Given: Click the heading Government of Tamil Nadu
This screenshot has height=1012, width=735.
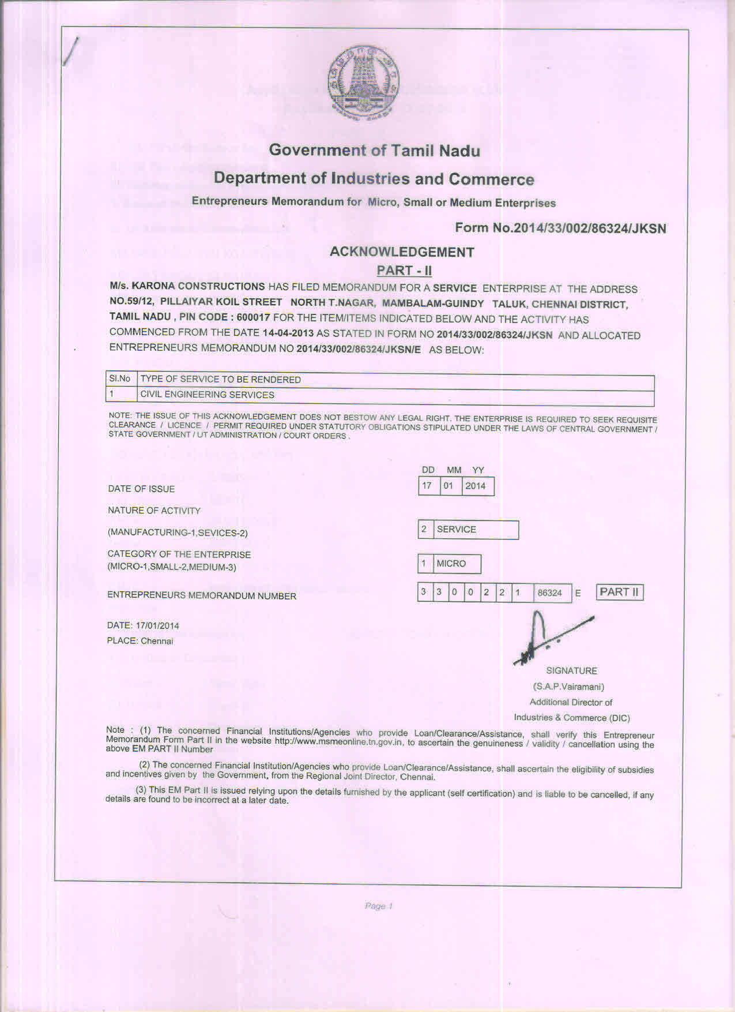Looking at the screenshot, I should (x=374, y=151).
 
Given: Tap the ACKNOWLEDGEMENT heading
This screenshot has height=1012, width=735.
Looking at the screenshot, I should (x=402, y=252).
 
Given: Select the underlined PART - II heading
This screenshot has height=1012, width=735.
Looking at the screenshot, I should (x=404, y=271).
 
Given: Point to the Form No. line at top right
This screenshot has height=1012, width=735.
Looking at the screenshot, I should (x=560, y=228).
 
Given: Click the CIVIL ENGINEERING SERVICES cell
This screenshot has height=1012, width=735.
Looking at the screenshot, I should (x=208, y=395).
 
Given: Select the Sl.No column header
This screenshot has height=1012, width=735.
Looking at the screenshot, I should (x=120, y=379).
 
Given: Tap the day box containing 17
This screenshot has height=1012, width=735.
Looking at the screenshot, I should (x=427, y=486).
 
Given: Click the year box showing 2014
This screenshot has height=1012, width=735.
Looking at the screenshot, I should (x=476, y=486).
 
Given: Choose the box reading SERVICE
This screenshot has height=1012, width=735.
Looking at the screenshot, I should (x=457, y=529).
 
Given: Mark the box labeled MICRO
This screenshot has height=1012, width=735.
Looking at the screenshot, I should (x=451, y=564).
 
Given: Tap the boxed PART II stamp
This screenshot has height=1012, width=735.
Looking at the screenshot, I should (x=619, y=592).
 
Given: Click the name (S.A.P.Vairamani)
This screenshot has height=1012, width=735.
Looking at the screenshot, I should (x=568, y=687).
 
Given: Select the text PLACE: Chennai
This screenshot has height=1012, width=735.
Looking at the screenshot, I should (x=140, y=641).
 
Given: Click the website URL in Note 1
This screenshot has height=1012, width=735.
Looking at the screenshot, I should (x=338, y=741).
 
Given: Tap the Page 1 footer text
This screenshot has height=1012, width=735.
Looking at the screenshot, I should (x=379, y=906).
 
